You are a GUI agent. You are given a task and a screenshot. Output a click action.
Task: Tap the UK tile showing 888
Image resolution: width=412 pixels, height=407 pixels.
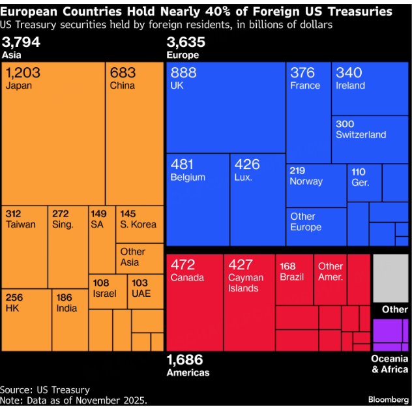(x=226, y=108)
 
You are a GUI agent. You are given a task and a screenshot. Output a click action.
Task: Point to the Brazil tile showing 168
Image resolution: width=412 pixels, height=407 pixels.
(x=294, y=280)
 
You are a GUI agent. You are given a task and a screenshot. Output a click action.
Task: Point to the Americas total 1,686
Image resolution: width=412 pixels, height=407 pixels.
(x=184, y=359)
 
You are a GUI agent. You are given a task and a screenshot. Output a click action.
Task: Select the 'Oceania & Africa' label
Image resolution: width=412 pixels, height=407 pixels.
(x=390, y=364)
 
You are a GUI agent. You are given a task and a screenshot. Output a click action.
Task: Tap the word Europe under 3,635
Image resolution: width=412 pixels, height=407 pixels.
(x=183, y=55)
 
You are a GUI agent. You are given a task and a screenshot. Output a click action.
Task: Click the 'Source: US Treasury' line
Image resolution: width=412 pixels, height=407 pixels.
(x=45, y=389)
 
